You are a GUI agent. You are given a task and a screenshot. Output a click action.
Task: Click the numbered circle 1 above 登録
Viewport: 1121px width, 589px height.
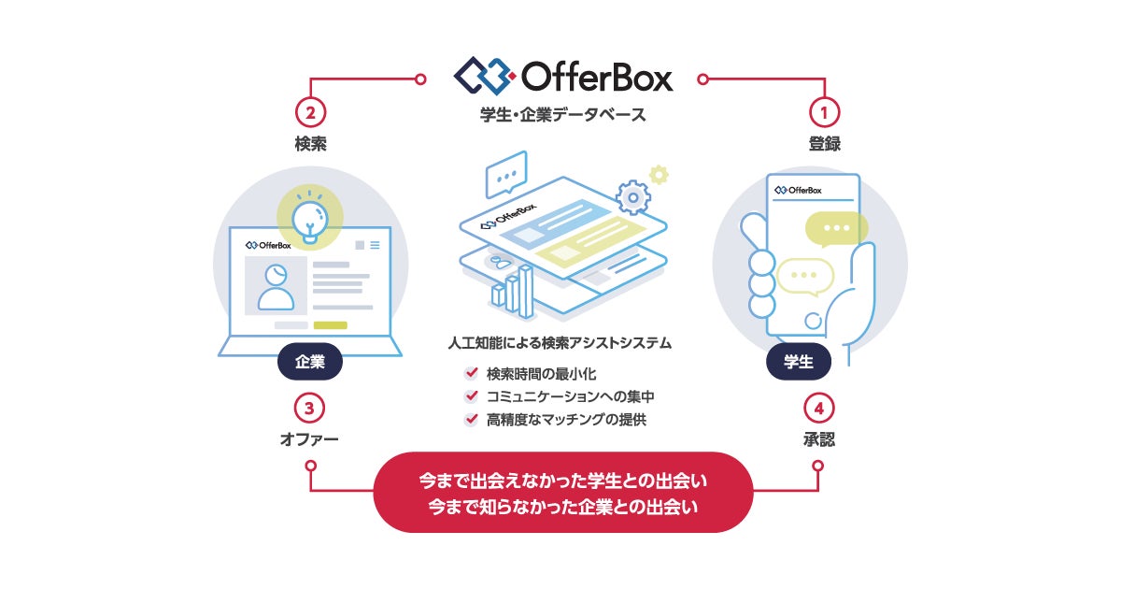click(x=824, y=112)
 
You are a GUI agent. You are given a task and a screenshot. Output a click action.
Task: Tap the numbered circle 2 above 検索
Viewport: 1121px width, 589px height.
click(x=310, y=112)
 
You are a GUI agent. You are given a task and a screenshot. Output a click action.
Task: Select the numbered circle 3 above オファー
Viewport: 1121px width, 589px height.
click(x=310, y=409)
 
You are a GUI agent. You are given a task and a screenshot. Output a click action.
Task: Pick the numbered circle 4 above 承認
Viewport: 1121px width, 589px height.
click(x=817, y=409)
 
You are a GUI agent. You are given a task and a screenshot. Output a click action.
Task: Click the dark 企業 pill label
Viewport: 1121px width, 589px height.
click(x=310, y=362)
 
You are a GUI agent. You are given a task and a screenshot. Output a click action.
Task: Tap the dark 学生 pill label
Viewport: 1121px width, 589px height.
click(x=799, y=362)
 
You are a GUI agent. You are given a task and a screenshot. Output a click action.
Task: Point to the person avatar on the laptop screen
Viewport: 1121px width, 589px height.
click(x=276, y=286)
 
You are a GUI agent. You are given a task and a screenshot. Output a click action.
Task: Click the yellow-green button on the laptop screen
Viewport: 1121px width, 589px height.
click(x=330, y=324)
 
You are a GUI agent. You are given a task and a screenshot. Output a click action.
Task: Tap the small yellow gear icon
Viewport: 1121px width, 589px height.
click(x=660, y=173)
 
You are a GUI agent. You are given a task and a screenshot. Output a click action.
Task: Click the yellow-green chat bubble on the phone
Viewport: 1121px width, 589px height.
click(x=836, y=227)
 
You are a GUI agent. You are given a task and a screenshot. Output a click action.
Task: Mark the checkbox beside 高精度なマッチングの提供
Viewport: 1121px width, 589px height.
click(x=472, y=419)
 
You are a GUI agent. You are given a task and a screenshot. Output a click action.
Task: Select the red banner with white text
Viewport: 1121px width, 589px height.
click(x=562, y=493)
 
